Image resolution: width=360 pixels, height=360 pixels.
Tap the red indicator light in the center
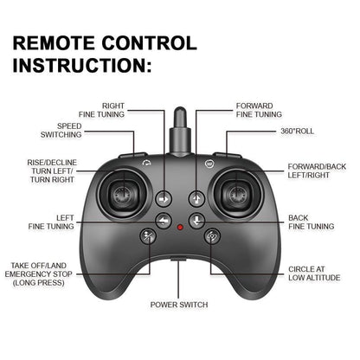click(180, 227)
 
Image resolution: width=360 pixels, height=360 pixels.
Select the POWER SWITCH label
click(179, 305)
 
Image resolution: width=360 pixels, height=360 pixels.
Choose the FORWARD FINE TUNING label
click(259, 110)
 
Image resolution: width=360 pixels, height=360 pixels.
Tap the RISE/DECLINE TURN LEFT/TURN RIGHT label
click(52, 170)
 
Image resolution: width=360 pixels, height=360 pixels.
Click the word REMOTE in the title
click(61, 43)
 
